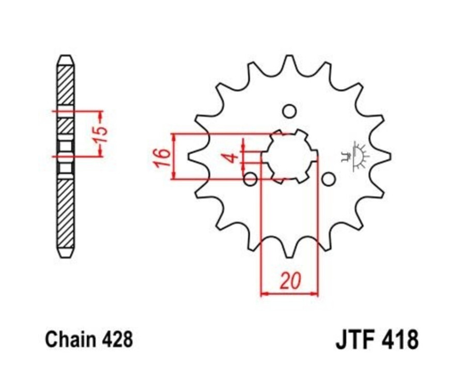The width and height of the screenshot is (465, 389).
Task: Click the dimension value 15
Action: tap(102, 134)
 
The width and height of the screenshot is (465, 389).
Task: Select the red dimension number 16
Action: tap(162, 157)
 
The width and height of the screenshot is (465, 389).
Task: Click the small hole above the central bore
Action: tap(289, 112)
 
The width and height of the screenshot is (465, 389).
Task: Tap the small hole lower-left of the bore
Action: tap(251, 179)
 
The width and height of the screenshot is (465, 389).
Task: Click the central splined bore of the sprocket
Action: tap(289, 156)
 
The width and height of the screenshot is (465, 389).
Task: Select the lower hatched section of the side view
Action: tap(65, 212)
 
